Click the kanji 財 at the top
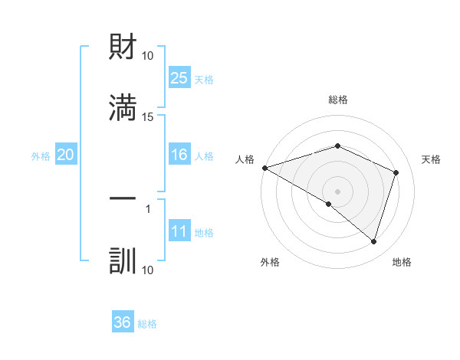pyautogui.click(x=123, y=47)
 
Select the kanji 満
pyautogui.click(x=123, y=108)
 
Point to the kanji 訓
pyautogui.click(x=123, y=260)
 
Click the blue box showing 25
pyautogui.click(x=179, y=78)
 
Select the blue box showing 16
pyautogui.click(x=179, y=155)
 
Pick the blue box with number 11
pyautogui.click(x=179, y=232)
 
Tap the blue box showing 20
pyautogui.click(x=65, y=155)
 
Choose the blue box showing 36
pyautogui.click(x=123, y=322)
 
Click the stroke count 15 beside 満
pyautogui.click(x=148, y=116)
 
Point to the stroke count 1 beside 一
pyautogui.click(x=148, y=208)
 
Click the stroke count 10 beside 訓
pyautogui.click(x=148, y=270)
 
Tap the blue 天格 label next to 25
pyautogui.click(x=204, y=79)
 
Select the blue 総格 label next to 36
pyautogui.click(x=147, y=324)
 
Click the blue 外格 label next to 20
pyautogui.click(x=41, y=156)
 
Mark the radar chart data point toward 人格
pyautogui.click(x=264, y=168)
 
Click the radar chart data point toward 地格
pyautogui.click(x=373, y=242)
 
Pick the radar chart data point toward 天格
pyautogui.click(x=396, y=172)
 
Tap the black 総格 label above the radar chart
pyautogui.click(x=337, y=100)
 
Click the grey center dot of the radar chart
pyautogui.click(x=337, y=191)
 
